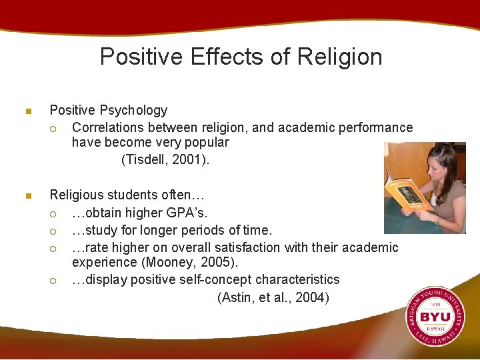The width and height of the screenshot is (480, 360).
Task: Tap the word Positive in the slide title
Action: tap(141, 57)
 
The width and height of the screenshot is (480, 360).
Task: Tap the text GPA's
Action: tap(189, 213)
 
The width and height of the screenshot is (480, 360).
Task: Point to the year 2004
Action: tap(310, 298)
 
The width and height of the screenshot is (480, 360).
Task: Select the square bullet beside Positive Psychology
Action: tap(28, 111)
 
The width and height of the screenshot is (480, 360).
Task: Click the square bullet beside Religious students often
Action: tap(28, 196)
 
